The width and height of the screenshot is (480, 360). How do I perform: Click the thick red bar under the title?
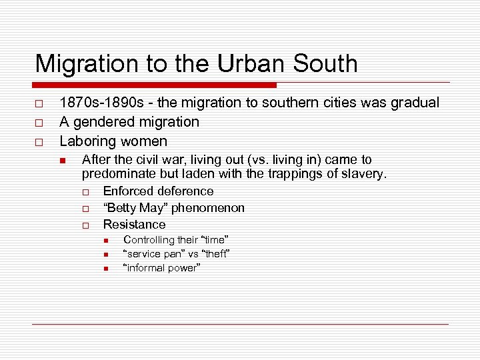pos(155,85)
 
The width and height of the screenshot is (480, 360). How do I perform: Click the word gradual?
pos(415,103)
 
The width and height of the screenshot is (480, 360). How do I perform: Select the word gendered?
pos(107,122)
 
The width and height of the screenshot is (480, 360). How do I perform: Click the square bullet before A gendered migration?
pos(39,123)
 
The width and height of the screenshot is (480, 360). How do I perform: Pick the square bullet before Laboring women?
pos(39,142)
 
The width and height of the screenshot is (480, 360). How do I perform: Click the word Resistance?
pos(134,225)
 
